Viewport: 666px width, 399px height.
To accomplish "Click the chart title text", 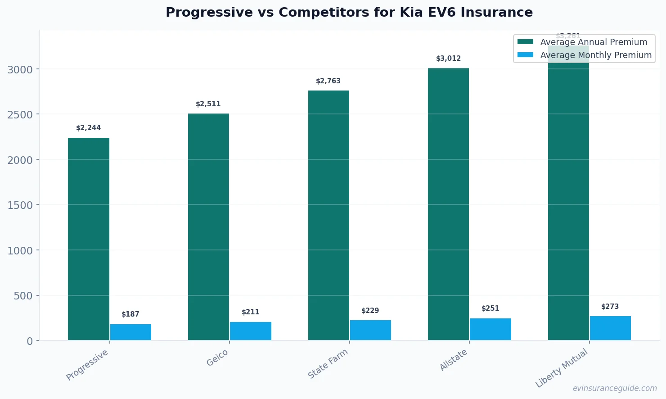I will (349, 12).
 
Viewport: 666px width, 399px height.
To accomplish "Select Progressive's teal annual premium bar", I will (89, 239).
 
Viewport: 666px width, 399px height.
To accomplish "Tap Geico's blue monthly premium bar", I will (251, 331).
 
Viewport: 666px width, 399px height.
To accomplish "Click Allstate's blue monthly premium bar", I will (490, 329).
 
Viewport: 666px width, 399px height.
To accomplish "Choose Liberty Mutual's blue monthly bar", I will (610, 328).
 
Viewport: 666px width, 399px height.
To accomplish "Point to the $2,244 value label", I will (89, 128).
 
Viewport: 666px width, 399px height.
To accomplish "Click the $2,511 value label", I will (208, 104).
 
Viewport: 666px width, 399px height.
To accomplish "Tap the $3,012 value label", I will (449, 59).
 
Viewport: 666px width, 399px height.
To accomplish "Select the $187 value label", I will (130, 314).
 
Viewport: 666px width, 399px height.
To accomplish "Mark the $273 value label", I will (610, 307).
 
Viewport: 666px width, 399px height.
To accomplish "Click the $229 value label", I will (370, 311).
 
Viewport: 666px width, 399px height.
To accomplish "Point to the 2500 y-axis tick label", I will (20, 115).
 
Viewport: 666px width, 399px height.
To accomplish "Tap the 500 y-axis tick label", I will (23, 296).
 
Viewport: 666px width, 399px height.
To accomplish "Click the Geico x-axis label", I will (217, 358).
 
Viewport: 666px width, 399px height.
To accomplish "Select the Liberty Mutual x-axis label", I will (562, 368).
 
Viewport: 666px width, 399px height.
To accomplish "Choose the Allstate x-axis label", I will (454, 360).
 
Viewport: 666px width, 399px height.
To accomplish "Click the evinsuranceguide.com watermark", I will (615, 388).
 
